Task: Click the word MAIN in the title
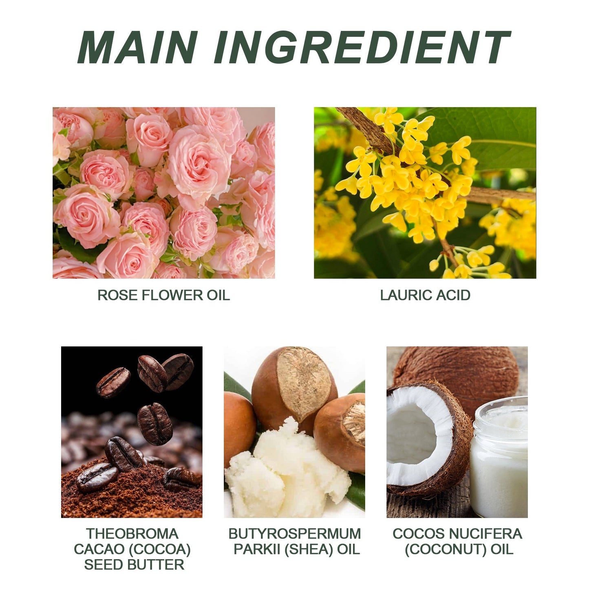[137, 47]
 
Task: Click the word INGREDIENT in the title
[362, 47]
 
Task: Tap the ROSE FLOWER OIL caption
[163, 295]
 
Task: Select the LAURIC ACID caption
[425, 295]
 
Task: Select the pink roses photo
[163, 193]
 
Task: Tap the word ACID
[453, 295]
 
